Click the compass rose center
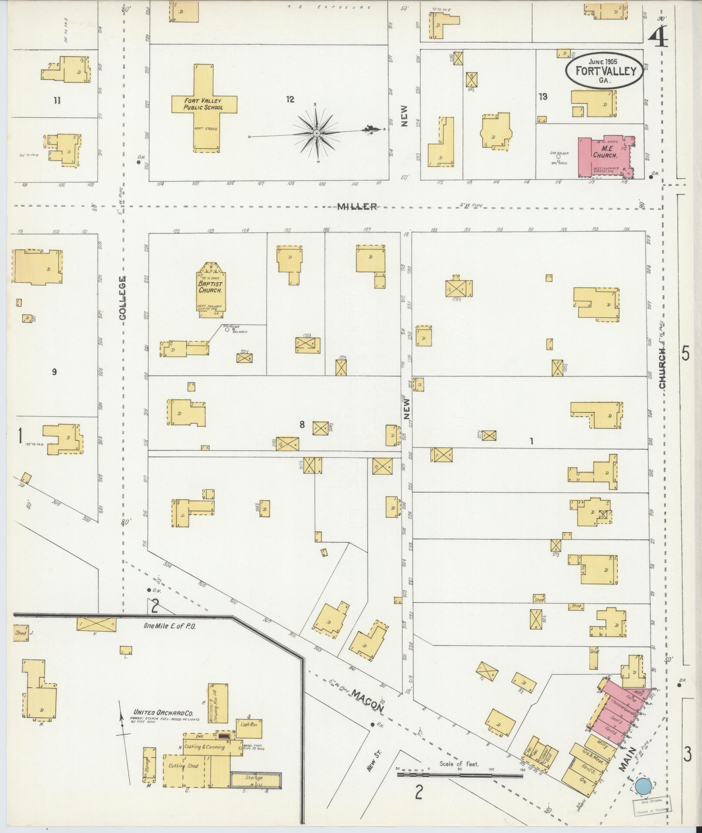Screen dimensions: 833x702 point(317,132)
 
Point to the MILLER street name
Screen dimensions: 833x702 point(357,207)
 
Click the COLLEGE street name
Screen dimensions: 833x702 point(122,298)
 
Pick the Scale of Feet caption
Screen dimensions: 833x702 point(459,764)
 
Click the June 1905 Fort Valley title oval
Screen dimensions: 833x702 point(605,71)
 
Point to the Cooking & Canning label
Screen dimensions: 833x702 point(205,747)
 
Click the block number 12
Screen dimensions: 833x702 point(290,100)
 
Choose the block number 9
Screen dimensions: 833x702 point(54,371)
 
